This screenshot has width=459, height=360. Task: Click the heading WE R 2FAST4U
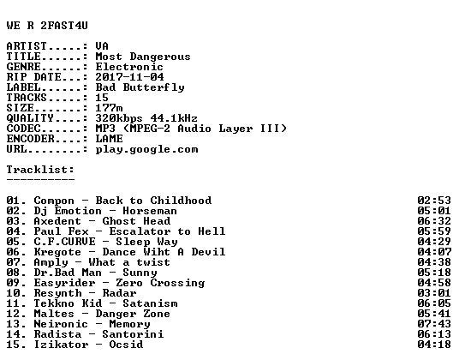[x=47, y=26]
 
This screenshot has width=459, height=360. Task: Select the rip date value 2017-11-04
[x=129, y=77]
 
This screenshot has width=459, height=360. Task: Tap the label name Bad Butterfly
[x=140, y=87]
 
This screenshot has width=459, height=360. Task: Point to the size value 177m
[x=109, y=108]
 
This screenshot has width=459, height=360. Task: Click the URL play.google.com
[x=146, y=150]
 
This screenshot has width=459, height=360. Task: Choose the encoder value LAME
[x=109, y=139]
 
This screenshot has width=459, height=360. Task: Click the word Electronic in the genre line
[x=129, y=67]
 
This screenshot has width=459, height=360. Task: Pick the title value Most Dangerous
[x=143, y=57]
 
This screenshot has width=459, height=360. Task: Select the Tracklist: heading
[x=40, y=170]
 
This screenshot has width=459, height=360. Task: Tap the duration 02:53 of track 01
[x=434, y=201]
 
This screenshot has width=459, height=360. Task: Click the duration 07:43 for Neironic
[x=434, y=324]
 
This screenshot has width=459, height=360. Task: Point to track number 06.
[x=13, y=252]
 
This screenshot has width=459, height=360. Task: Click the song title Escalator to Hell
[x=167, y=231]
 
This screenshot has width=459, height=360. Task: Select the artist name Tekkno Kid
[x=68, y=303]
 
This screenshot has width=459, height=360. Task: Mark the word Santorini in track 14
[x=133, y=334]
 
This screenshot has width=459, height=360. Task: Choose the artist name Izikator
[x=61, y=345]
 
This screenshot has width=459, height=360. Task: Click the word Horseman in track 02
[x=150, y=211]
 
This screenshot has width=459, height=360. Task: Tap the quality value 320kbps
[x=119, y=118]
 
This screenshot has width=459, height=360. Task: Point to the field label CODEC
[x=23, y=129]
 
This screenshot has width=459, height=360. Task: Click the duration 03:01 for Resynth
[x=434, y=293]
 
